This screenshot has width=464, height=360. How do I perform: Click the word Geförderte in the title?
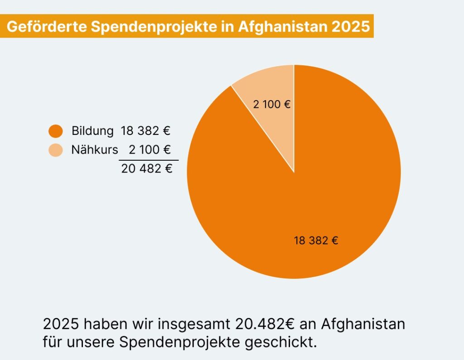[x=45, y=26]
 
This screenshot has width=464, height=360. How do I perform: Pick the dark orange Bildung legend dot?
[x=56, y=131]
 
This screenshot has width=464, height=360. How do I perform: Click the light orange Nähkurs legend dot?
[x=56, y=150]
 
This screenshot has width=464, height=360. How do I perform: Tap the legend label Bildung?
[x=92, y=131]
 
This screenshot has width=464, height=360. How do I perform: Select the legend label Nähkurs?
[x=94, y=150]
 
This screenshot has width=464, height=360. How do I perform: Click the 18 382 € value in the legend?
[x=145, y=131]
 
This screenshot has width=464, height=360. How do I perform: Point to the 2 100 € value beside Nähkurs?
[x=150, y=150]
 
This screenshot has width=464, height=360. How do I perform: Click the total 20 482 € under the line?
[x=147, y=169]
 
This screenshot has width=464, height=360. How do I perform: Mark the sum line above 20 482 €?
[x=149, y=160]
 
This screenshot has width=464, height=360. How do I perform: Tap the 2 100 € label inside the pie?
[x=272, y=105]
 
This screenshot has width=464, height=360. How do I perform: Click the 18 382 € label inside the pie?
[x=316, y=240]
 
